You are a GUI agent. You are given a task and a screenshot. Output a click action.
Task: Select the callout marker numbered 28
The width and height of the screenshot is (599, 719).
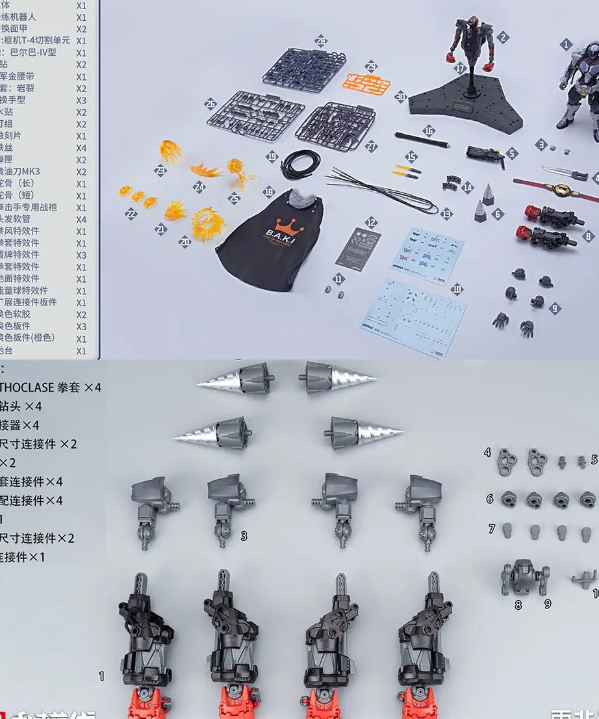pos(320,40)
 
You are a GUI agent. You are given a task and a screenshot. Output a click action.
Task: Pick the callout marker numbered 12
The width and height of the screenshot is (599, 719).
pos(371,222)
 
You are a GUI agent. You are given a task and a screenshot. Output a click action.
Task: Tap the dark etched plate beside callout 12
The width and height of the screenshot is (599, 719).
pos(358,247)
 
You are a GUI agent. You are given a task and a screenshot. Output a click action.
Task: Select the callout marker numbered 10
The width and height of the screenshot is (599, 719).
pos(457,289)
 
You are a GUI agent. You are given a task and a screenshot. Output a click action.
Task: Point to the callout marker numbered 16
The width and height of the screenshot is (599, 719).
pos(428,131)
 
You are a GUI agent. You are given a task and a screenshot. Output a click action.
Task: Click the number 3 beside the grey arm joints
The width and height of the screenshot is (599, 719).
pos(244,536)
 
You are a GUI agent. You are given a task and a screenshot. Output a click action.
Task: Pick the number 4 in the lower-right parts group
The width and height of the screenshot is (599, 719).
pos(487,452)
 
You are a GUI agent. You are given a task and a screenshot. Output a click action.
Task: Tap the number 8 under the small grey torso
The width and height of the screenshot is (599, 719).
pos(518,604)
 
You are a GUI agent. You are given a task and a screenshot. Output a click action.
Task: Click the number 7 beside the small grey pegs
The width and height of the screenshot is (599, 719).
pos(492,529)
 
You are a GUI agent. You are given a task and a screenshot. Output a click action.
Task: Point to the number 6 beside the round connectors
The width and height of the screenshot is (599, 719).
pos(490,499)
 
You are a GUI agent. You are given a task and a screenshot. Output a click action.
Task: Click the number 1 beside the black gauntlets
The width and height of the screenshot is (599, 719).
pos(101,676)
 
